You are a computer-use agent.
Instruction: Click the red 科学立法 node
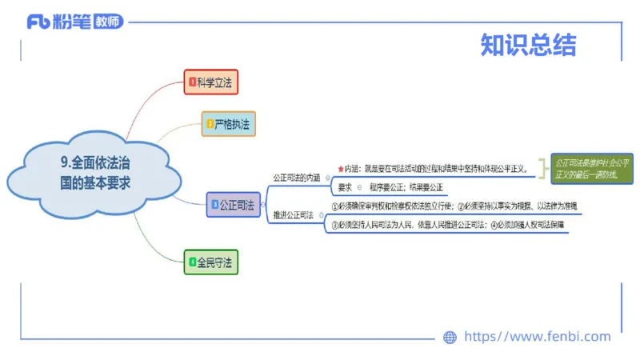(x=211, y=82)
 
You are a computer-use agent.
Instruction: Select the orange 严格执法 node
(x=229, y=124)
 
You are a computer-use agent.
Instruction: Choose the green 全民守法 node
(x=211, y=262)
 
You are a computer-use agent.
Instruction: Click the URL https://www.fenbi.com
(x=537, y=337)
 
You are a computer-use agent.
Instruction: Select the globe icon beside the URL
(x=450, y=338)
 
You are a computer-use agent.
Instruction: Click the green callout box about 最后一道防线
(x=592, y=169)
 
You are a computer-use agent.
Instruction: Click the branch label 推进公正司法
(x=293, y=215)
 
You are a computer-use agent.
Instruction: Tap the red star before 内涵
(x=340, y=170)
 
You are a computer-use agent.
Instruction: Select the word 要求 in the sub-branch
(x=345, y=188)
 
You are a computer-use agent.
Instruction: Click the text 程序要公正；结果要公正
(x=406, y=188)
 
